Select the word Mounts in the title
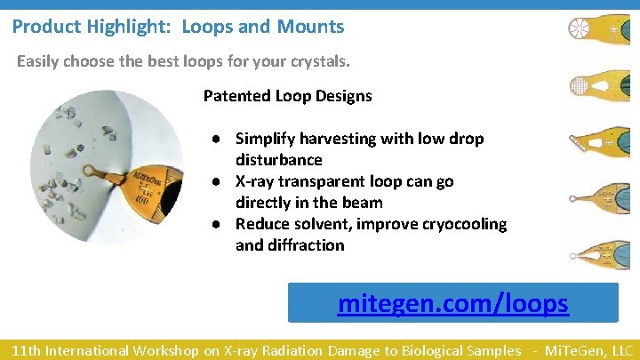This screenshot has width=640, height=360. point(308,27)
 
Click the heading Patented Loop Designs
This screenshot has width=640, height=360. point(287,95)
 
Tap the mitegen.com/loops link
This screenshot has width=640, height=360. point(452,303)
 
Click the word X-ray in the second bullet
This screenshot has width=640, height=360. point(257,181)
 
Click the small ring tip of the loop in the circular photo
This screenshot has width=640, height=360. point(89,168)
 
